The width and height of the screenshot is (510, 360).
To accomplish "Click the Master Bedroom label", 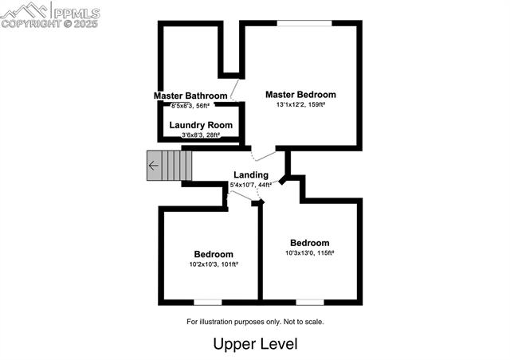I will pos(300,94).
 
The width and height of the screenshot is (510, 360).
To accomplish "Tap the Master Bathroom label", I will pos(190,96).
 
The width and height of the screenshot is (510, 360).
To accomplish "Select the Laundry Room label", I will pos(201,125).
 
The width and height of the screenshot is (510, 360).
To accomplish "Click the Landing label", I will pos(250,175).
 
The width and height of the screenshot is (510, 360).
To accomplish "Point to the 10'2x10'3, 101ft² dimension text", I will pos(214,264).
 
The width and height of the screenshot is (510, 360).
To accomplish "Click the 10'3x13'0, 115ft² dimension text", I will pos(309,253).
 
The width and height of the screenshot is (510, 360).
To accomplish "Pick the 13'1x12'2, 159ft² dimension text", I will pos(300,104).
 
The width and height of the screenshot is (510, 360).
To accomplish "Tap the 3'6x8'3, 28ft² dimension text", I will pos(200,135).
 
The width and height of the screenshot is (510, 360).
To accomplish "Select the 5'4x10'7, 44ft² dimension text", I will pos(250,186).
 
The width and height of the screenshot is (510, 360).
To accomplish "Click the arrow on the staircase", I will pos(153,166).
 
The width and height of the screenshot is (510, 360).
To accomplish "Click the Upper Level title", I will pos(255,344).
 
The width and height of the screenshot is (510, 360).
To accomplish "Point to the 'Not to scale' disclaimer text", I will pos(255,322).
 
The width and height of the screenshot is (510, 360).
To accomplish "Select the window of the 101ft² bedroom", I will pos(208,302).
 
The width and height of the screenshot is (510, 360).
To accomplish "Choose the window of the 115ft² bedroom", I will pos(310,302).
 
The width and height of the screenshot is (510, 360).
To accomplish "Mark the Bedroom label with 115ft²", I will pos(309,243).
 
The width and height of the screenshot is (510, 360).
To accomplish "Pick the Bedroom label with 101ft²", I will pos(214,254).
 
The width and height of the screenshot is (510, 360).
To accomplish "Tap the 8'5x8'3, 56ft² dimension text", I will pos(190,105).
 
